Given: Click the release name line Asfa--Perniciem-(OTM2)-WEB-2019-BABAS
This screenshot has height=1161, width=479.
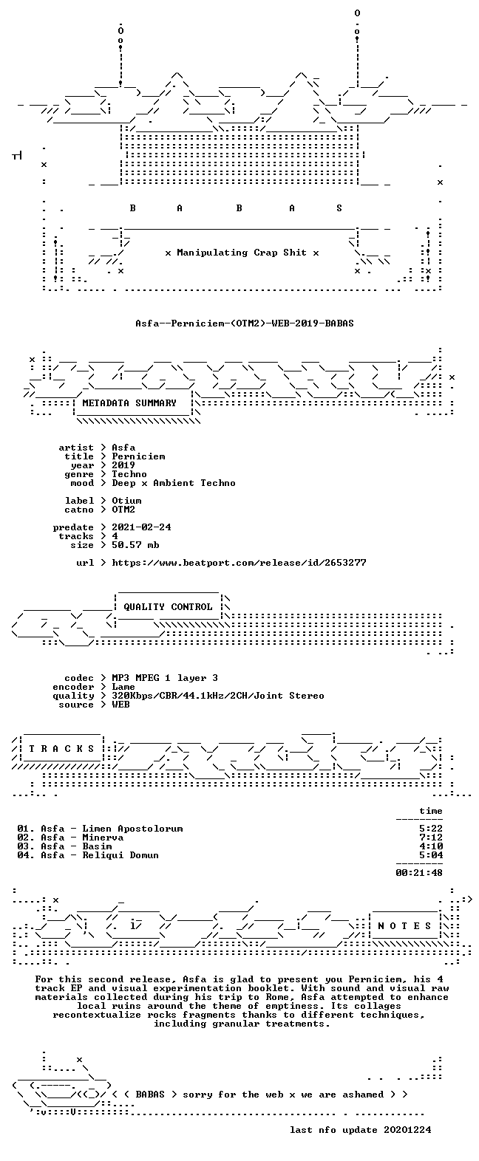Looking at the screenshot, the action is pyautogui.click(x=245, y=323).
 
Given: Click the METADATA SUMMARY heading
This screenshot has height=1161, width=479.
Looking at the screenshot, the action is pyautogui.click(x=129, y=403).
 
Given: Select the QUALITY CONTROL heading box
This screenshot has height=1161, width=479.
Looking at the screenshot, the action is pyautogui.click(x=168, y=606).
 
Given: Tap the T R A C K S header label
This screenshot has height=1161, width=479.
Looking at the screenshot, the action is pyautogui.click(x=61, y=748).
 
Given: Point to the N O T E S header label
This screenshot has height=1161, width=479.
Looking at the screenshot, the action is pyautogui.click(x=404, y=925).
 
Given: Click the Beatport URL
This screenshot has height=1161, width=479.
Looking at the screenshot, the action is pyautogui.click(x=239, y=562).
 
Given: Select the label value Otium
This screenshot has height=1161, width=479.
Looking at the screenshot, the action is pyautogui.click(x=126, y=500).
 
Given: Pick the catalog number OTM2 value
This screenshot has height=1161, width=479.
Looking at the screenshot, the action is pyautogui.click(x=123, y=509).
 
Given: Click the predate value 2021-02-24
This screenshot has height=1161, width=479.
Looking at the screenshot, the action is pyautogui.click(x=141, y=527).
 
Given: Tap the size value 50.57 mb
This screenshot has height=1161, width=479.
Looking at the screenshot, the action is pyautogui.click(x=135, y=545).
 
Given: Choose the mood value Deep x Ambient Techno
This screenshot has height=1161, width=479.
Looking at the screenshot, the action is pyautogui.click(x=174, y=482).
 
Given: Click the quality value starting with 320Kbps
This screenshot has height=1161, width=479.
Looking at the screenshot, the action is pyautogui.click(x=218, y=696).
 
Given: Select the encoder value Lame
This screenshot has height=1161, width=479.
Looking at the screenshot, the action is pyautogui.click(x=123, y=687).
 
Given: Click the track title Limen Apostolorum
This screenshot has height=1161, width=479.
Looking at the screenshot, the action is pyautogui.click(x=132, y=828).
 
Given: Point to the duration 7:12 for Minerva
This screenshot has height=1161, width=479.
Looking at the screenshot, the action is pyautogui.click(x=431, y=837).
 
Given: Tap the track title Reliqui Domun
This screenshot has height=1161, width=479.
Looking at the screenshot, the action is pyautogui.click(x=120, y=855).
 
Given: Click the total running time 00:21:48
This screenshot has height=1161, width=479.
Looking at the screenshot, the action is pyautogui.click(x=419, y=873).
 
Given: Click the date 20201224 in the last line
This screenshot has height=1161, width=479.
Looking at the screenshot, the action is pyautogui.click(x=407, y=1129).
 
